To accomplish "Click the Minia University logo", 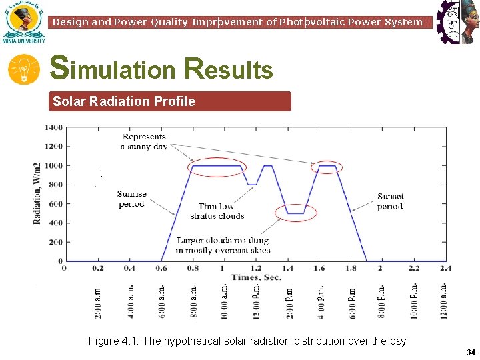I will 23,22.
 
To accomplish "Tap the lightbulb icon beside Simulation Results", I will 24,69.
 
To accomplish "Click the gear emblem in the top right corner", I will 457,22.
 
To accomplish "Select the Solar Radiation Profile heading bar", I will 171,101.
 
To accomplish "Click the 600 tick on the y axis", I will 57,204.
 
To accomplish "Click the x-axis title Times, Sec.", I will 256,277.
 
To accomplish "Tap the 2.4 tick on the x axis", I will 445,268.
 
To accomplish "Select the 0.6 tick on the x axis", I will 162,268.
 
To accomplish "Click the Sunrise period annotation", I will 131,199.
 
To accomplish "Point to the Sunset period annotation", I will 390,201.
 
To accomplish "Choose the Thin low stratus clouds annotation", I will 217,211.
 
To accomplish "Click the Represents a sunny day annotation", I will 143,142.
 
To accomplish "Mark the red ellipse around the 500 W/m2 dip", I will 296,213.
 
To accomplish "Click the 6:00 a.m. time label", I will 163,301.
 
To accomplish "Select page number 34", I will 471,352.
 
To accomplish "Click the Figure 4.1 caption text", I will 247,341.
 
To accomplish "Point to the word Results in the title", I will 229,69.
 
